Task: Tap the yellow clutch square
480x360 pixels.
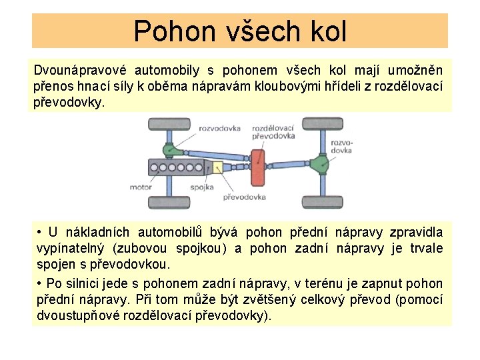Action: click(x=215, y=165)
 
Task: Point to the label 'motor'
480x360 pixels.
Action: click(x=141, y=187)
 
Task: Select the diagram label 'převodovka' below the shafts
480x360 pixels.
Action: click(x=244, y=197)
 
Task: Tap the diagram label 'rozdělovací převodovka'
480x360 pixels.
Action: click(x=273, y=131)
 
